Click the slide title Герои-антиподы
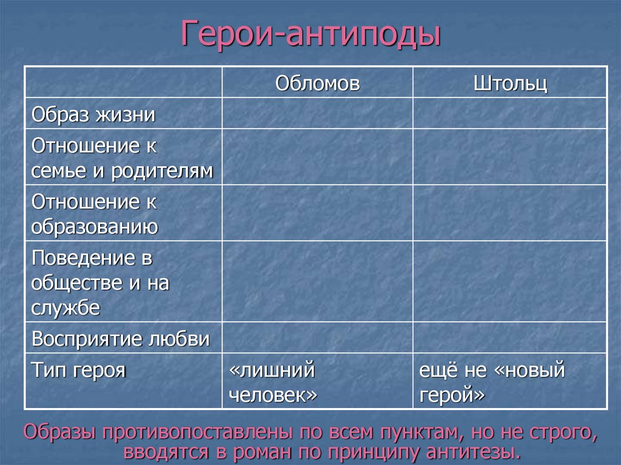tap(310, 34)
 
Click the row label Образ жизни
tap(93, 114)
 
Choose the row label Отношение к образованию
tap(95, 213)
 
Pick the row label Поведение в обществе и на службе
tap(100, 282)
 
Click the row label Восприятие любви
tap(121, 338)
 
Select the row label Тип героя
tap(78, 369)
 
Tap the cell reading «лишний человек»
tap(274, 382)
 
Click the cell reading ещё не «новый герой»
tap(492, 382)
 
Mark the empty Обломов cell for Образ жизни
tap(317, 113)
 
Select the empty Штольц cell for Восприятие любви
tap(510, 338)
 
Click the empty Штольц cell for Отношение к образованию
tap(510, 213)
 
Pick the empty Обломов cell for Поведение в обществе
tap(317, 281)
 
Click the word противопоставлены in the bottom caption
tap(200, 432)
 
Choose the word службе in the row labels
tap(65, 307)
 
